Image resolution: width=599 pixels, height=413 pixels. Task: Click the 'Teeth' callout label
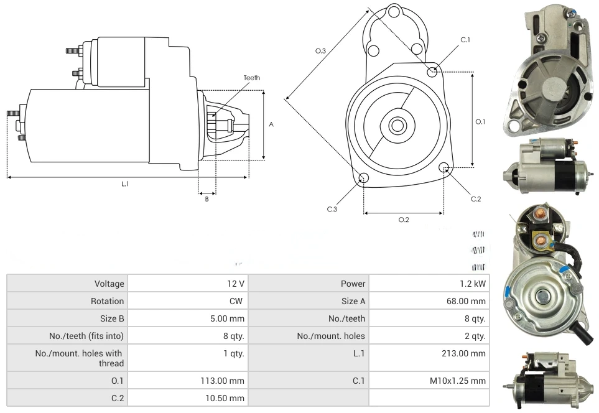251,78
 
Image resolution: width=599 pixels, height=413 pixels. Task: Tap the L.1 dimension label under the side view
125,184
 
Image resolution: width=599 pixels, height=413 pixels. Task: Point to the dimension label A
271,124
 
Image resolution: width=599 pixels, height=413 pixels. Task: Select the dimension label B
207,199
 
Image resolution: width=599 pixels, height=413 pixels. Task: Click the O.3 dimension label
321,51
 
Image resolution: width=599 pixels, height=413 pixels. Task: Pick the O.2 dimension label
403,220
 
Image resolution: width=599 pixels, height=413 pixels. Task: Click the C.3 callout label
332,209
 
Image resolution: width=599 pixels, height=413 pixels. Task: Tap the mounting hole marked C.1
432,72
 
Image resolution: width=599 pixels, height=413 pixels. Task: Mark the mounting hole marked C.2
444,168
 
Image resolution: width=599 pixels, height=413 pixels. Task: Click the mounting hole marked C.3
364,179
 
